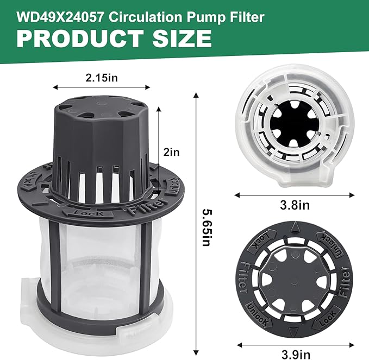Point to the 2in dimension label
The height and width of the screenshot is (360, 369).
point(172,153)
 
